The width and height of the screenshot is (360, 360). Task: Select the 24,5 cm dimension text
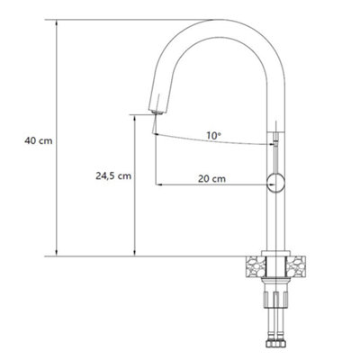[x=111, y=175]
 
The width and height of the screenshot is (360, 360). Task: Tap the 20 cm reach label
[x=212, y=179]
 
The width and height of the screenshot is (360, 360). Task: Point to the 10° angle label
[x=213, y=136]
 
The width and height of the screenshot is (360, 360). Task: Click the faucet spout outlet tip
[x=156, y=111]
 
